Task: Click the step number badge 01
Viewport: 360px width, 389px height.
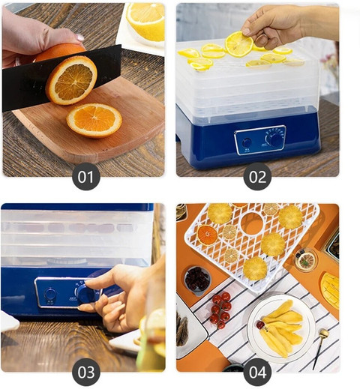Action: (86, 177)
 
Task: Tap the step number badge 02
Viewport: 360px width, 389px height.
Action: (257, 177)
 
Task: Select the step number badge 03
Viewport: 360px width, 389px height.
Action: (86, 373)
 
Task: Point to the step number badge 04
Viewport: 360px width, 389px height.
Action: (257, 373)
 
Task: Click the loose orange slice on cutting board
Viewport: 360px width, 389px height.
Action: (94, 120)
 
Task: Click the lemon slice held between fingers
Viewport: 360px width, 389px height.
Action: (238, 44)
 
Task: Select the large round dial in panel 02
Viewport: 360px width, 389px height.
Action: (275, 140)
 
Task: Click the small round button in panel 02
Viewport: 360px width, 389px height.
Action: (247, 143)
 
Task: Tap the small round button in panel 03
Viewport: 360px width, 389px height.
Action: (50, 294)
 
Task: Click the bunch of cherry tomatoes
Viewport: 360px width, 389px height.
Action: (220, 310)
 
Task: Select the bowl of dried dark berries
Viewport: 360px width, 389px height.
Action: (197, 280)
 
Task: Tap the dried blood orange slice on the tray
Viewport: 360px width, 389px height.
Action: (207, 235)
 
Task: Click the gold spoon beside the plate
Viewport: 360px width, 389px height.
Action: (320, 348)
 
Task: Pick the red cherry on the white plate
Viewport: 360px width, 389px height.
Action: (260, 325)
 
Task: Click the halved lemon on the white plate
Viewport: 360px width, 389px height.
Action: (145, 21)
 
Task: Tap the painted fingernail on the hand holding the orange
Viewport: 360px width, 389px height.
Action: (79, 37)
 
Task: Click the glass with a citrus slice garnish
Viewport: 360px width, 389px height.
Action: (306, 260)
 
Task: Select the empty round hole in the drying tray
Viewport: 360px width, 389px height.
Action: (252, 223)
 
